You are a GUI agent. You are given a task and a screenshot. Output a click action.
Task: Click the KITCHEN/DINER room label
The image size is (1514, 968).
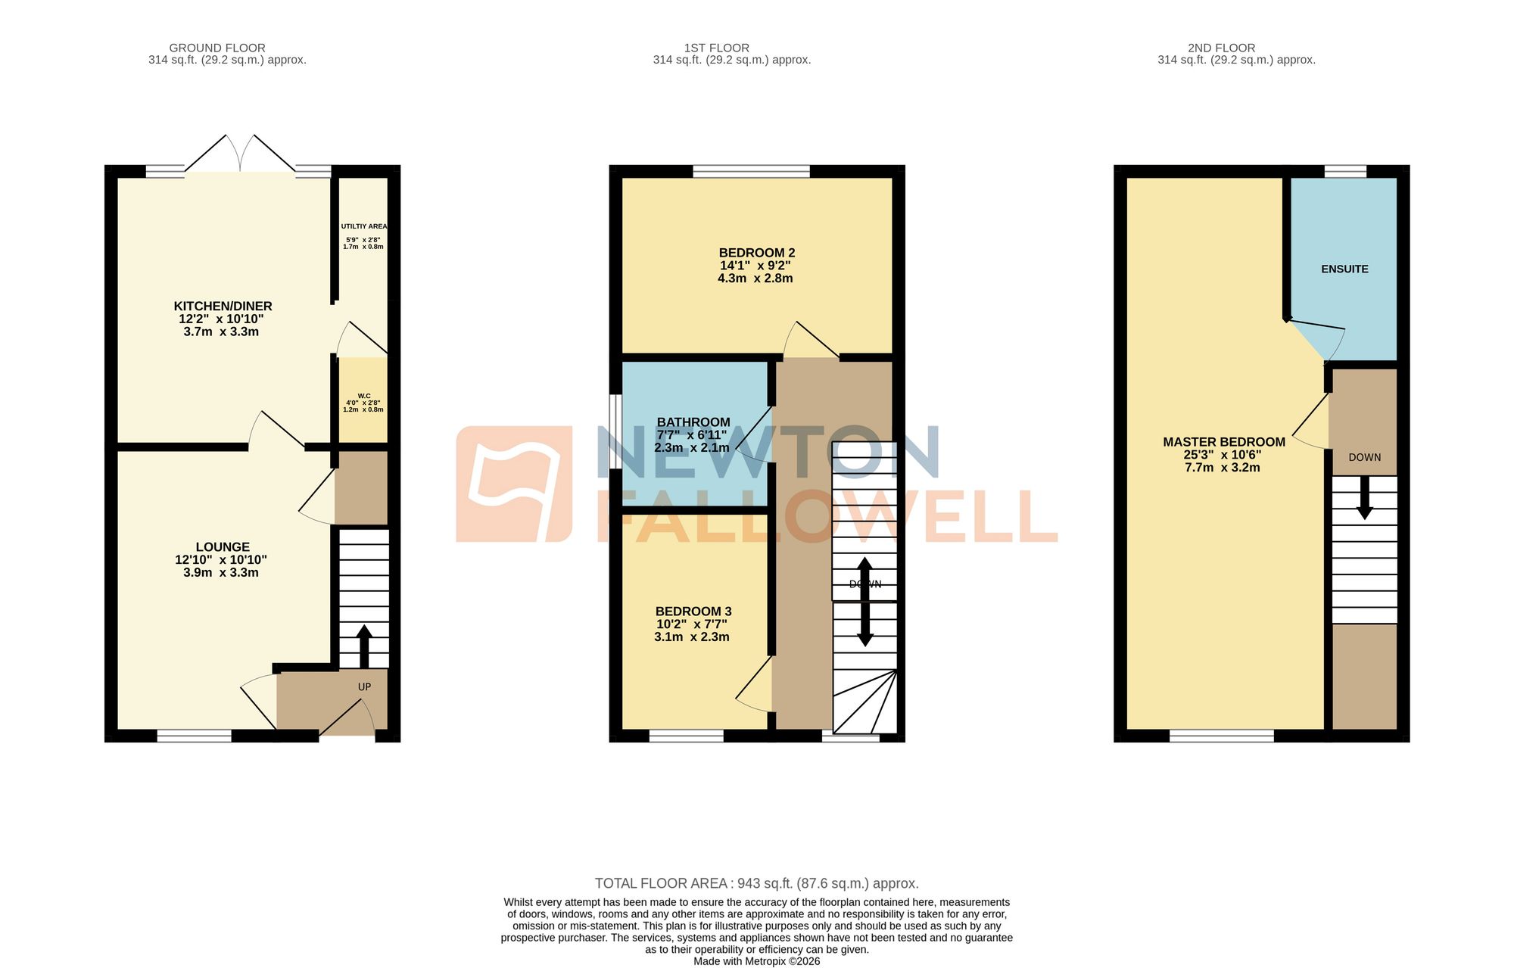[x=223, y=306]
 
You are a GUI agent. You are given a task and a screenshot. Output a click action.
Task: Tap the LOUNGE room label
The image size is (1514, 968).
[x=223, y=546]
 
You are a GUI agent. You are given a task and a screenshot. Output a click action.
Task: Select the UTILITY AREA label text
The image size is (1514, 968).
[x=364, y=226]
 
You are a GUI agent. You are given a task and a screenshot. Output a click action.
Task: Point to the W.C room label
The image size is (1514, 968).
[x=364, y=396]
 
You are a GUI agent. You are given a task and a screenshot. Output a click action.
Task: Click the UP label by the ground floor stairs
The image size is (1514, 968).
[x=364, y=686]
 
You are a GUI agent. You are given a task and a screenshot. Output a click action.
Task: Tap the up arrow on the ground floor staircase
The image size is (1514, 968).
[x=364, y=646]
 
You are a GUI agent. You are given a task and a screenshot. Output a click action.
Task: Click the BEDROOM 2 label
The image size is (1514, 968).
[x=757, y=252]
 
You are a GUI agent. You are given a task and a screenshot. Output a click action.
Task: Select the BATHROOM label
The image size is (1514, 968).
[x=693, y=422]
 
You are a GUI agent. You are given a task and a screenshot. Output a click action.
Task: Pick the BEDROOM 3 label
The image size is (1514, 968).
[x=693, y=611]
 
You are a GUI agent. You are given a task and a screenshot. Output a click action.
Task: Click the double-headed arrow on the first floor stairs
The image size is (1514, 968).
[x=864, y=602]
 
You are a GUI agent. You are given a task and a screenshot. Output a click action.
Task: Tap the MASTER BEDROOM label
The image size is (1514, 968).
[x=1224, y=441]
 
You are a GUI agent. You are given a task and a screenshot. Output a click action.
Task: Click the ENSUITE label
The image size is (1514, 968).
[x=1344, y=269]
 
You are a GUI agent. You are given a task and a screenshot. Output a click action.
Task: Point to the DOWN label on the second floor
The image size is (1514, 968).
[x=1365, y=457]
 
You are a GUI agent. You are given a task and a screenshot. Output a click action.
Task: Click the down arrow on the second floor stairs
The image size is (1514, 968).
[x=1365, y=497]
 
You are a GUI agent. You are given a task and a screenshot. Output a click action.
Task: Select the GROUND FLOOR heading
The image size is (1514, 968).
[x=217, y=48]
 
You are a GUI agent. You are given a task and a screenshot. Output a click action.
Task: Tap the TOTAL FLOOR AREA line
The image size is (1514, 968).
[x=757, y=883]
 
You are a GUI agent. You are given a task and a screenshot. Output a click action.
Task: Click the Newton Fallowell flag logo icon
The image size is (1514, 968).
[x=514, y=484]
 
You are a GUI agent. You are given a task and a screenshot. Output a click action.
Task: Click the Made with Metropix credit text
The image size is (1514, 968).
[x=757, y=961]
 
